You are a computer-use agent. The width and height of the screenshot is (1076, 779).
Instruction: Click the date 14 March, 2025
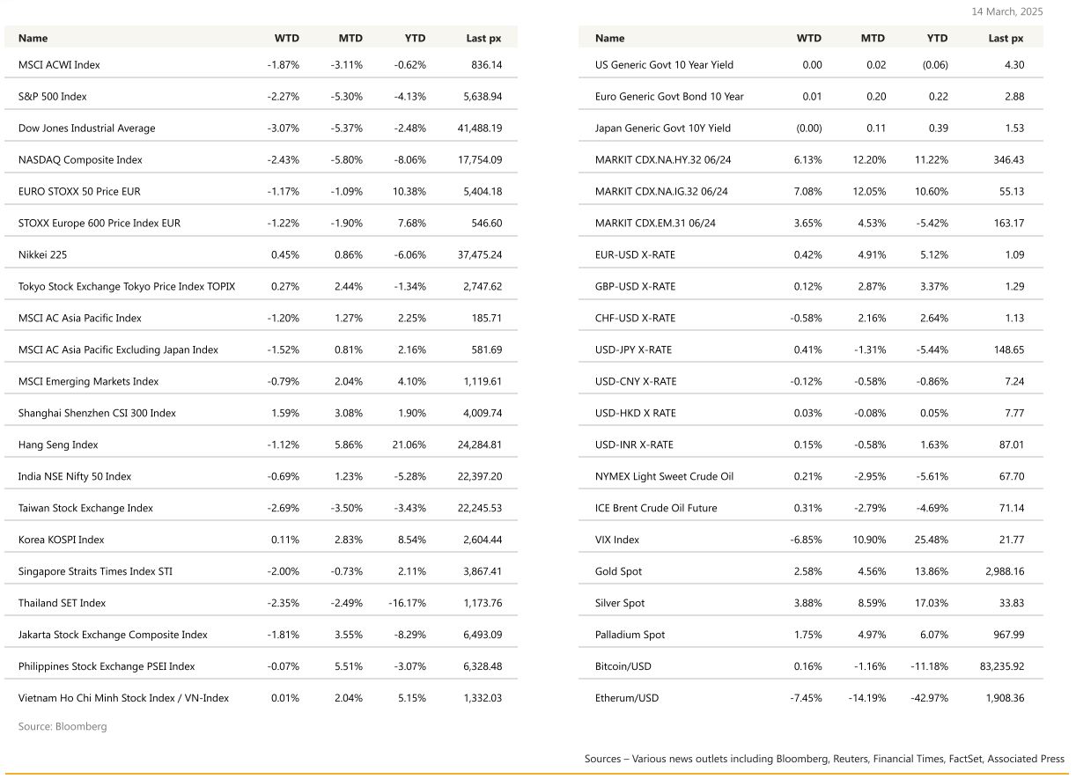click(x=1006, y=11)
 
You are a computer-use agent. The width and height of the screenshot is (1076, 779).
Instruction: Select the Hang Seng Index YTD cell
click(x=409, y=445)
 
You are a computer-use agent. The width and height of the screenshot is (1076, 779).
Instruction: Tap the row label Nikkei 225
click(x=42, y=255)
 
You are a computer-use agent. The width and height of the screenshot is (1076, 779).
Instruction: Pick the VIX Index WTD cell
click(x=806, y=540)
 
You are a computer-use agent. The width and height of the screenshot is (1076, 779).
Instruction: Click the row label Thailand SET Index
click(x=62, y=604)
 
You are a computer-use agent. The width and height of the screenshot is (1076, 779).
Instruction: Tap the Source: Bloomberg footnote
click(x=63, y=727)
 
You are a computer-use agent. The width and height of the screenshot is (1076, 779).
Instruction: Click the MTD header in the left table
click(x=350, y=39)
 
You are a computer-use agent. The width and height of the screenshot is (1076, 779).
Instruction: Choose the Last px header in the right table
click(x=1006, y=39)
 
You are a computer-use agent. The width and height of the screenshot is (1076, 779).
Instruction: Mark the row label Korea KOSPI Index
click(x=61, y=540)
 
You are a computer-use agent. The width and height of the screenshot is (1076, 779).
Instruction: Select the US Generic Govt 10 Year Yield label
click(x=664, y=65)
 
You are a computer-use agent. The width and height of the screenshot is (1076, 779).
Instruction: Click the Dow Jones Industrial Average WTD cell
click(x=283, y=129)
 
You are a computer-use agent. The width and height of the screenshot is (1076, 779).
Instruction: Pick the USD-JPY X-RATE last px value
click(x=1007, y=350)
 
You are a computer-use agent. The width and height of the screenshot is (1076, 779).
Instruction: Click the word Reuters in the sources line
click(x=851, y=759)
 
